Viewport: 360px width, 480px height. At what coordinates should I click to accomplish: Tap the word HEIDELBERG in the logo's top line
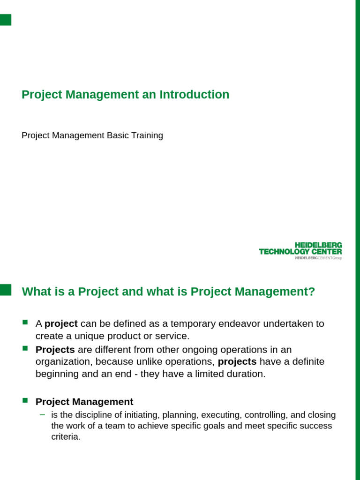tap(318, 245)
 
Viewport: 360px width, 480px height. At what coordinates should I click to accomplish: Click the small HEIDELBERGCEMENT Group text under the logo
tap(318, 258)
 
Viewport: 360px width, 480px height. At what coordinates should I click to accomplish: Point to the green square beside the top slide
tap(5, 20)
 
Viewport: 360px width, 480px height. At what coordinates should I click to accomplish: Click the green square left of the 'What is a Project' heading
tap(5, 290)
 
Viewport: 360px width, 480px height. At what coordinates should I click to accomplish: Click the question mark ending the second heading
tap(311, 292)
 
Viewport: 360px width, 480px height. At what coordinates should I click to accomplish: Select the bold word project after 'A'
tap(61, 323)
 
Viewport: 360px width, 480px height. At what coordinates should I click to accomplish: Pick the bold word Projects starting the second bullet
tap(55, 350)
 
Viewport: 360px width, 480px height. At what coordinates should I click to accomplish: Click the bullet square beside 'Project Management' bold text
tap(25, 400)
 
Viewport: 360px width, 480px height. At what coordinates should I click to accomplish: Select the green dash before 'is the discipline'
tap(43, 414)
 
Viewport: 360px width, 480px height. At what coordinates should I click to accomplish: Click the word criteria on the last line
tap(65, 436)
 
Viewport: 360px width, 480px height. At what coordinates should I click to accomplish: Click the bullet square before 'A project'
tap(25, 322)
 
